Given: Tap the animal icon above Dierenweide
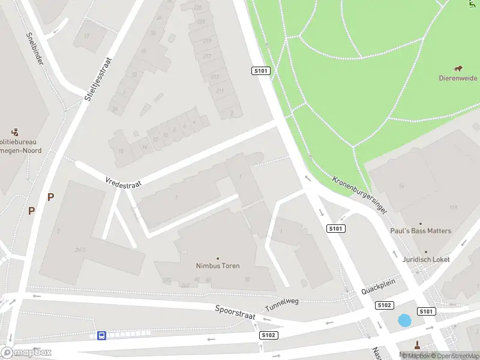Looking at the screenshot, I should pyautogui.click(x=458, y=68).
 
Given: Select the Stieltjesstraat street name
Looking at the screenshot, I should pyautogui.click(x=99, y=79).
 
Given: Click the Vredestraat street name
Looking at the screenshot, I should pyautogui.click(x=122, y=182).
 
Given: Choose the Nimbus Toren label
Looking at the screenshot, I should pyautogui.click(x=218, y=266).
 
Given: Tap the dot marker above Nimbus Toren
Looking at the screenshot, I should pyautogui.click(x=218, y=258).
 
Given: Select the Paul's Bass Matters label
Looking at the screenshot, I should pyautogui.click(x=421, y=231).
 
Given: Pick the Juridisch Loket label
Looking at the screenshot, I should pyautogui.click(x=426, y=259).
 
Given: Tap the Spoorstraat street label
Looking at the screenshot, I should pyautogui.click(x=236, y=313).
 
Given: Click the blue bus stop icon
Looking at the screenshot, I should pyautogui.click(x=102, y=335).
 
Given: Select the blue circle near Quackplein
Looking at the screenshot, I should pyautogui.click(x=405, y=321).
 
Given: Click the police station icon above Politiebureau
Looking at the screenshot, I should pyautogui.click(x=16, y=131).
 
